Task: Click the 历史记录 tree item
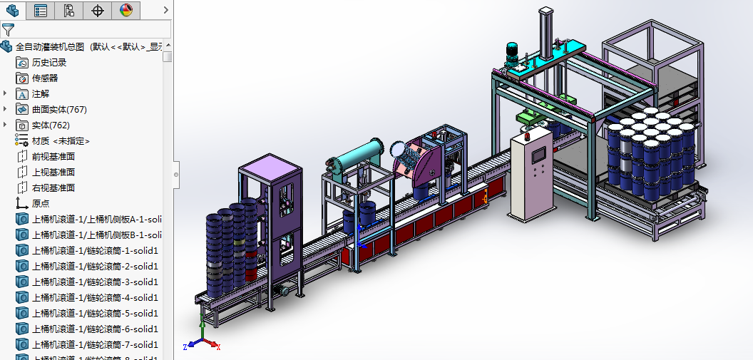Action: tap(48, 63)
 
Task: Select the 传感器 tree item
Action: tap(45, 78)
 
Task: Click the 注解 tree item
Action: tap(41, 94)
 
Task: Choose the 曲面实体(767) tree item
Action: tap(59, 110)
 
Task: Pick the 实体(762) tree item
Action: tap(51, 125)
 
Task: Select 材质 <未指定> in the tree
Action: tap(61, 141)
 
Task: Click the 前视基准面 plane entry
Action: tap(53, 157)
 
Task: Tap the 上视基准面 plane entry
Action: tap(53, 173)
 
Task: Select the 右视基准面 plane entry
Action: tap(53, 188)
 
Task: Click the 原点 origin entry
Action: tap(41, 204)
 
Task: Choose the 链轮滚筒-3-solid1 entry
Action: tap(95, 282)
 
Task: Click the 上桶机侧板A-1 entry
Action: tap(95, 219)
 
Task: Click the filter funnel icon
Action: tap(8, 29)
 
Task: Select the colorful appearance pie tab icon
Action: tap(125, 10)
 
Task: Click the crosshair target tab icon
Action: tap(98, 10)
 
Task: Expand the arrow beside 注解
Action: tap(6, 93)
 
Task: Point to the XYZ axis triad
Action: tap(203, 341)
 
